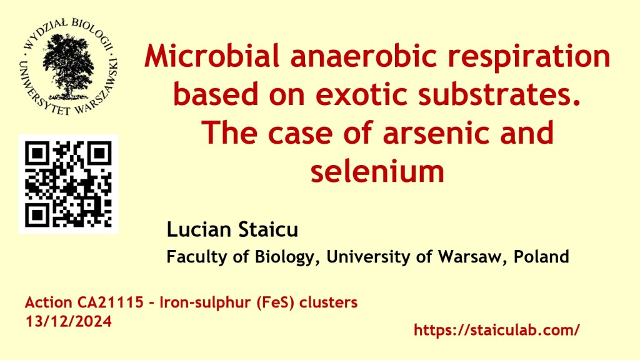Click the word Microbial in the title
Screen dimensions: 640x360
coord(212,56)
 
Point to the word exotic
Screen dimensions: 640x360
coord(361,94)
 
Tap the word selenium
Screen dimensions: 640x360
coord(377,171)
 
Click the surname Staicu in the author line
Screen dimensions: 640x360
coord(268,229)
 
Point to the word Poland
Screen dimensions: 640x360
coord(541,257)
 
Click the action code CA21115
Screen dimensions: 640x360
coord(109,302)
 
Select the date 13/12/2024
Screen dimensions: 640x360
coord(69,321)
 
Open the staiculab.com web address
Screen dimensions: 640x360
coord(497,330)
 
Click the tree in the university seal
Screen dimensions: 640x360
coord(68,65)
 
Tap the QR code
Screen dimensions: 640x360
coord(68,184)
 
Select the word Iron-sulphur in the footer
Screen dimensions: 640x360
coord(206,303)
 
